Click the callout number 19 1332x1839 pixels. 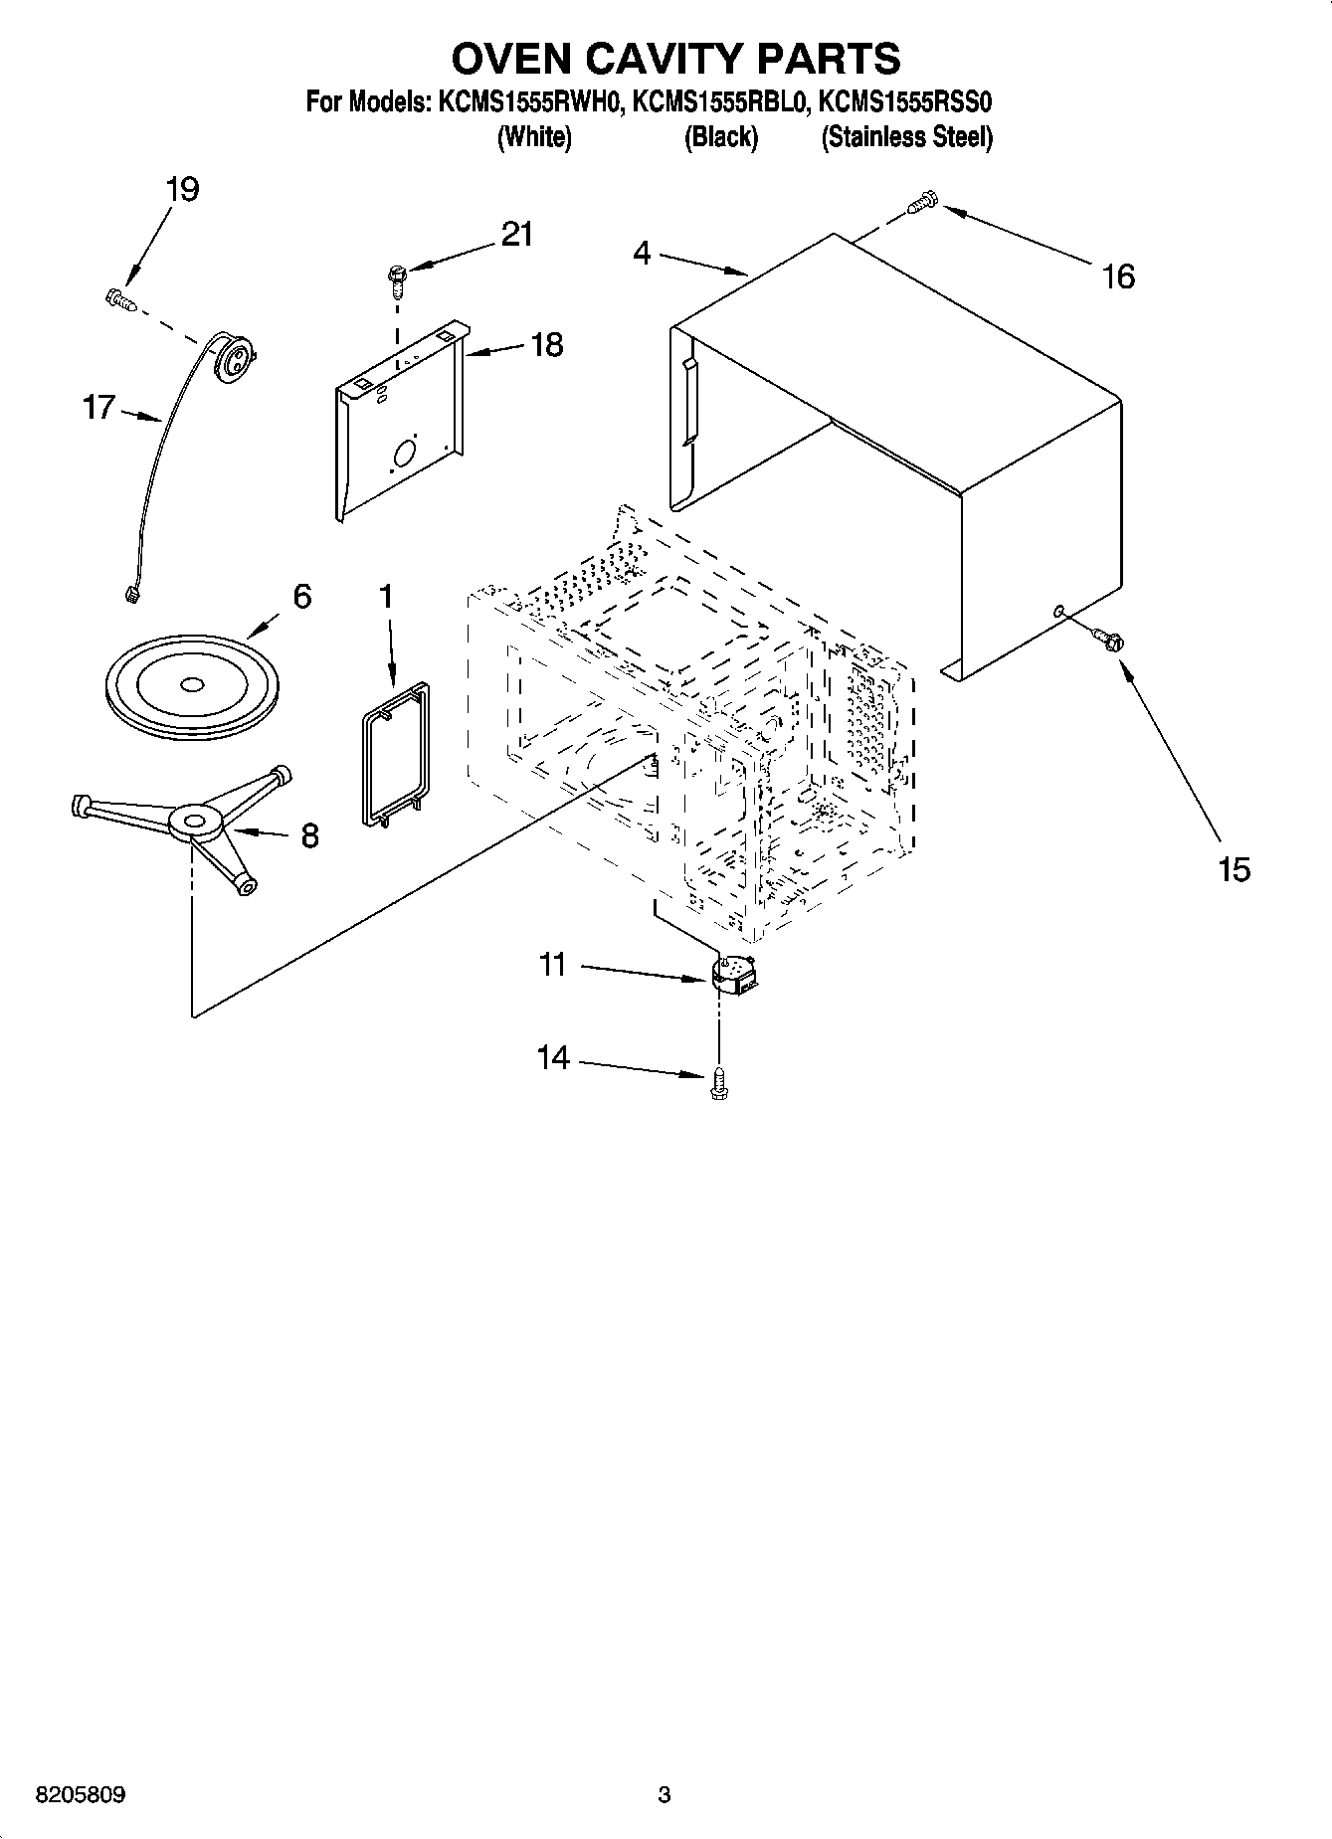pyautogui.click(x=182, y=189)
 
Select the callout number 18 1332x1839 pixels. pyautogui.click(x=547, y=344)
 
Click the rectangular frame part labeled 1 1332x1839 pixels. pyautogui.click(x=393, y=752)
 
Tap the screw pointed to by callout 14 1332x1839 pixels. pyautogui.click(x=719, y=1084)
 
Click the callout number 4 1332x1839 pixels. pyautogui.click(x=642, y=254)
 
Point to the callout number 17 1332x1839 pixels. pyautogui.click(x=98, y=407)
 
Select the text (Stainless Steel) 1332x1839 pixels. pyautogui.click(x=906, y=137)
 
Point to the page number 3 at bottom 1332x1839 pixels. pyautogui.click(x=665, y=1795)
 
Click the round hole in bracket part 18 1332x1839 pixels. pyautogui.click(x=406, y=455)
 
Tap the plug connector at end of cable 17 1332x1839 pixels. pyautogui.click(x=129, y=595)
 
